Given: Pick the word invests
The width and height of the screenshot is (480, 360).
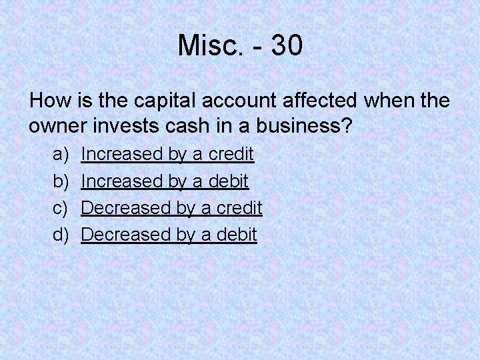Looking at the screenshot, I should pos(123,125).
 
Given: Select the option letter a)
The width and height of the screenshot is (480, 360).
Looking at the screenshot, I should pos(61,154).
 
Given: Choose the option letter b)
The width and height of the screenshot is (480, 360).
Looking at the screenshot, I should pos(61,181).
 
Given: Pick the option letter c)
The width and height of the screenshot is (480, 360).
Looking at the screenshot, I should pos(61,208).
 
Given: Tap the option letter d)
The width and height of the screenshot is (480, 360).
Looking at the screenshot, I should pos(61,235).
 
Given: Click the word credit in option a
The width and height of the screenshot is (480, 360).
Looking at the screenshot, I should pos(231,154).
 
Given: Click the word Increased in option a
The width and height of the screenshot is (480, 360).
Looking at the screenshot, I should pos(122,154).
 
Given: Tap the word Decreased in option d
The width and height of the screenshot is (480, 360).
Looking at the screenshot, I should pos(126,235).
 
